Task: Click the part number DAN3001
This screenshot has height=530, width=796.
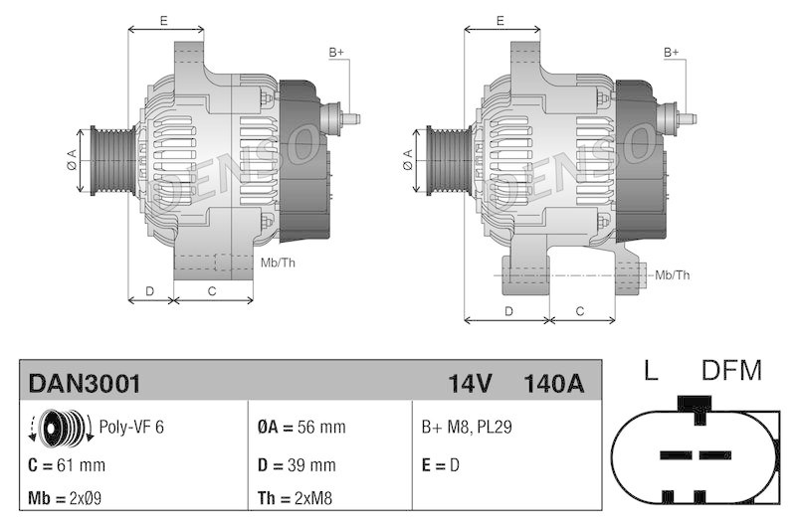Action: pyautogui.click(x=85, y=383)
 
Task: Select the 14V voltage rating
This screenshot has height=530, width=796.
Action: pyautogui.click(x=471, y=383)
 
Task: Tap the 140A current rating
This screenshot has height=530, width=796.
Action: pyautogui.click(x=552, y=383)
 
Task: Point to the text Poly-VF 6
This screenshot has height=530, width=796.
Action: pyautogui.click(x=131, y=427)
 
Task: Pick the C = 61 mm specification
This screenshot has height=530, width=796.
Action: pyautogui.click(x=68, y=464)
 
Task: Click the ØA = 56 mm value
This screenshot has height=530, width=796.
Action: pyautogui.click(x=301, y=427)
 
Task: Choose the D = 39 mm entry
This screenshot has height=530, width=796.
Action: pyautogui.click(x=297, y=464)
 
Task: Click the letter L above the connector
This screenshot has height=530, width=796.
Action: pyautogui.click(x=650, y=372)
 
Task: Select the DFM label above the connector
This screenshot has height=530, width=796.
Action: pyautogui.click(x=731, y=372)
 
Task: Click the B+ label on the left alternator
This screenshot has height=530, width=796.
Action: pyautogui.click(x=336, y=52)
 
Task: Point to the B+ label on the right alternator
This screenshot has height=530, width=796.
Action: pyautogui.click(x=672, y=52)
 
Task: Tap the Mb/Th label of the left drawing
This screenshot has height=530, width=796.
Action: pyautogui.click(x=278, y=263)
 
